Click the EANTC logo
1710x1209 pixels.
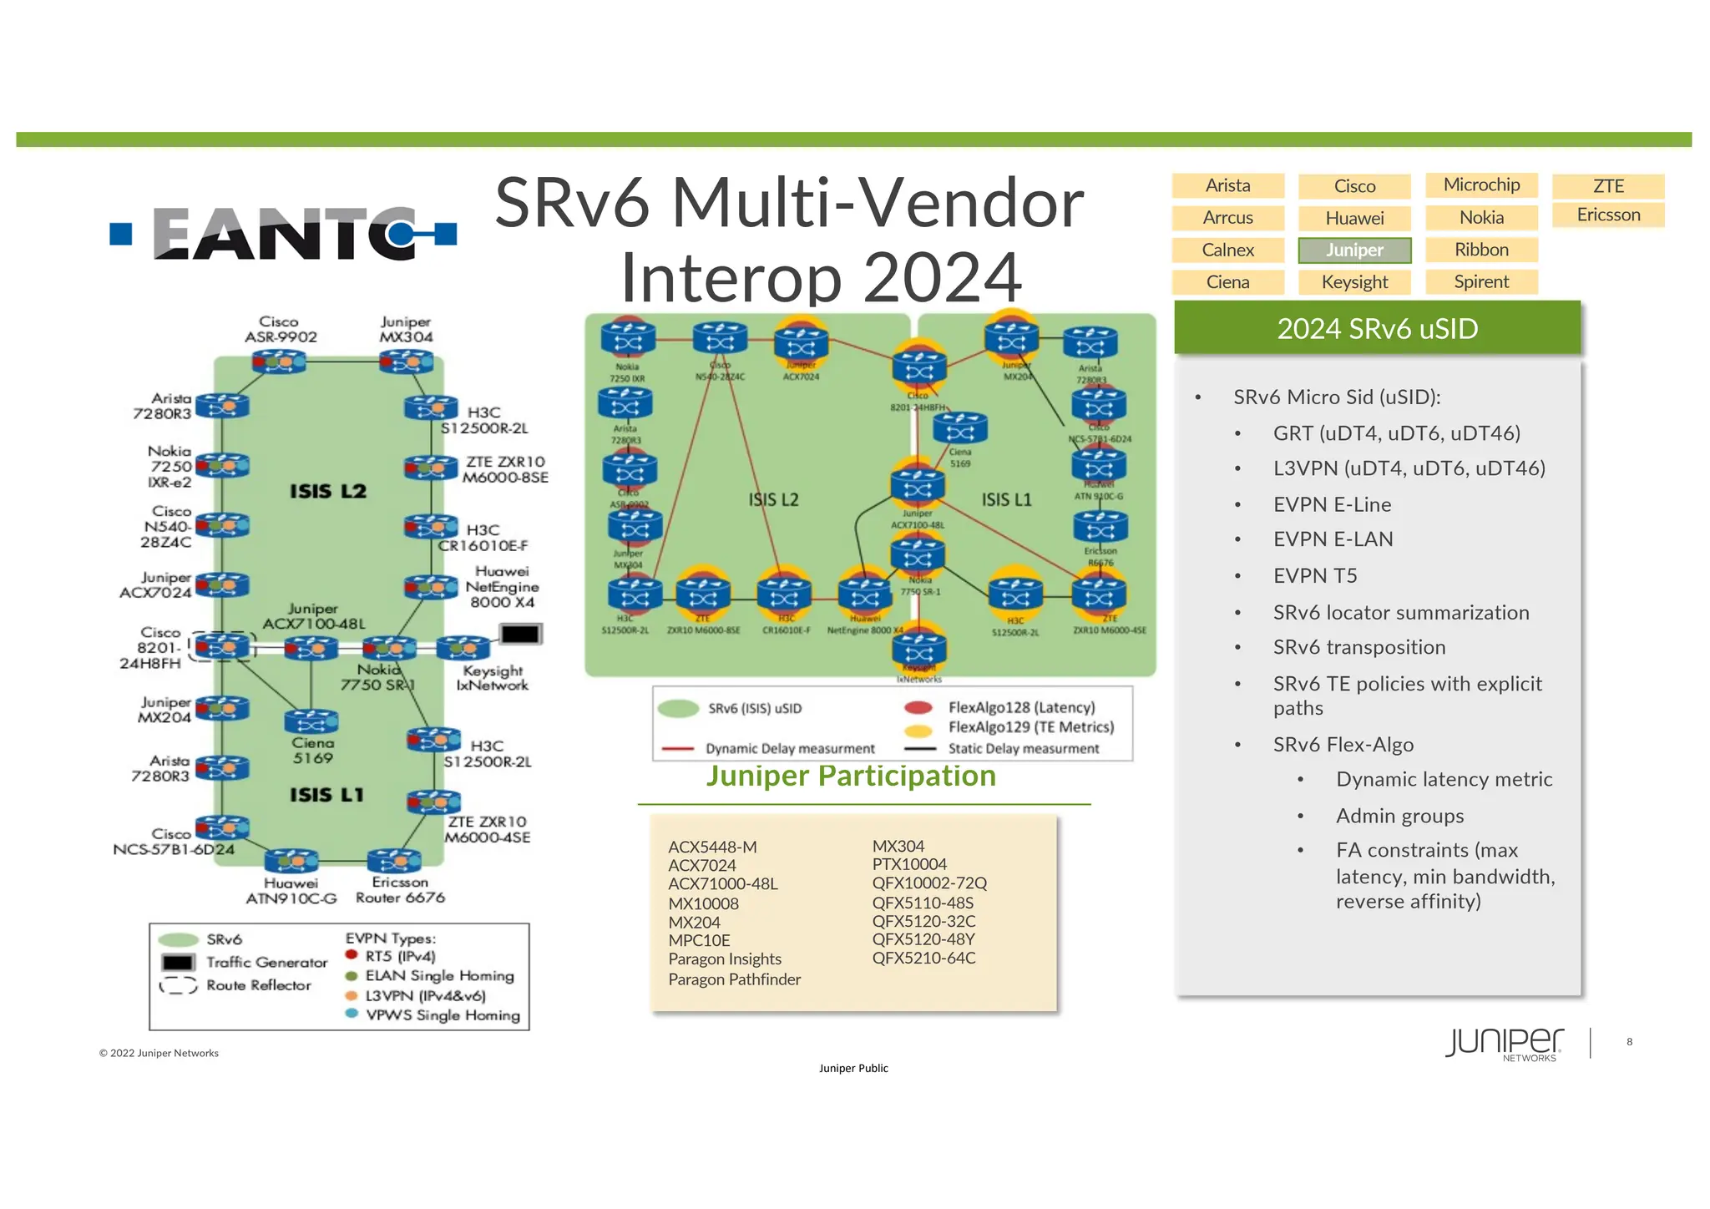[x=284, y=234]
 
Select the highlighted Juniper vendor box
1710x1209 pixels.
[x=1354, y=250]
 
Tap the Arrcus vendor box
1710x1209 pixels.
[x=1227, y=218]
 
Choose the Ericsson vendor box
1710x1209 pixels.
[x=1608, y=215]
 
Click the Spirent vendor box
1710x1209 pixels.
[x=1481, y=282]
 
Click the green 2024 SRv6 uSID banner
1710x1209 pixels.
[x=1377, y=328]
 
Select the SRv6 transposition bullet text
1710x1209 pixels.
[x=1358, y=647]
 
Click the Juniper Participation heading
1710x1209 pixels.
[x=851, y=776]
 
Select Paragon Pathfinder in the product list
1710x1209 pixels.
[x=734, y=979]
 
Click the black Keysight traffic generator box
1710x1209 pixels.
[x=520, y=635]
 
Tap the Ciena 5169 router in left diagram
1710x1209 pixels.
[x=311, y=721]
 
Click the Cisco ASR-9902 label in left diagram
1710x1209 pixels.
[x=280, y=329]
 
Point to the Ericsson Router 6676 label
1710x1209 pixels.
[x=400, y=890]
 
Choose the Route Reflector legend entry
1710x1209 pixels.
[x=258, y=985]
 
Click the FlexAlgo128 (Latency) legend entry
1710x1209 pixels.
[x=1021, y=707]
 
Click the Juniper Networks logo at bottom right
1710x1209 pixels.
[x=1504, y=1043]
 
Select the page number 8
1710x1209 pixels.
[x=1629, y=1041]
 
